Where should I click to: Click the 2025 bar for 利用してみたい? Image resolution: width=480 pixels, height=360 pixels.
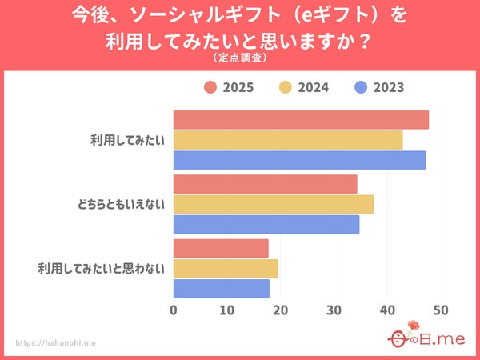coord(301,120)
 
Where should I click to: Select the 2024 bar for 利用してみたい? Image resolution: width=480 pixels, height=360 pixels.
coord(288,140)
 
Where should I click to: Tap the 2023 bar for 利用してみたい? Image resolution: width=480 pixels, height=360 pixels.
coord(299,160)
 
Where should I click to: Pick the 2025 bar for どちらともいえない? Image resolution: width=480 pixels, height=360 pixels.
coord(265,184)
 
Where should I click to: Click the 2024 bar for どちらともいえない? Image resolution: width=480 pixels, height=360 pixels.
coord(274,204)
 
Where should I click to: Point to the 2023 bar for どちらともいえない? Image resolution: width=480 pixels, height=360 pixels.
coord(266,225)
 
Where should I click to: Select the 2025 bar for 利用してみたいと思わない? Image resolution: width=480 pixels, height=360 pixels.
coord(221,248)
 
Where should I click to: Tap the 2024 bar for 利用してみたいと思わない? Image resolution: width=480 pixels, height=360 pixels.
coord(226,268)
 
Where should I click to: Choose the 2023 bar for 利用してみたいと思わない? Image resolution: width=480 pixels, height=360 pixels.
coord(222,288)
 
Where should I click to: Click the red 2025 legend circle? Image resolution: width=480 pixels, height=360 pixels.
coord(210,88)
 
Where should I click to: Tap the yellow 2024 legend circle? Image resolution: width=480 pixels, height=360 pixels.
coord(286,88)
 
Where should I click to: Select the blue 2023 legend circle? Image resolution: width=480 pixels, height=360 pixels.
coord(361,88)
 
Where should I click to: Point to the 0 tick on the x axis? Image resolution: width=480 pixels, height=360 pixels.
coord(174,310)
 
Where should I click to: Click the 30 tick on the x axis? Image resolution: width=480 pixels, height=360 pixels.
coord(334,310)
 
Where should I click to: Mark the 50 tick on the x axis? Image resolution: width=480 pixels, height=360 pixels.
coord(440,310)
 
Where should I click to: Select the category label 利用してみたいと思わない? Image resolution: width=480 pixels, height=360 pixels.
coord(101,268)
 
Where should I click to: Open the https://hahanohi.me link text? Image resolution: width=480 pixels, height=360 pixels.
coord(56,342)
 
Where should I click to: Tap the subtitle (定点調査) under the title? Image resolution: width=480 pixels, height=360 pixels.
coord(240,58)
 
